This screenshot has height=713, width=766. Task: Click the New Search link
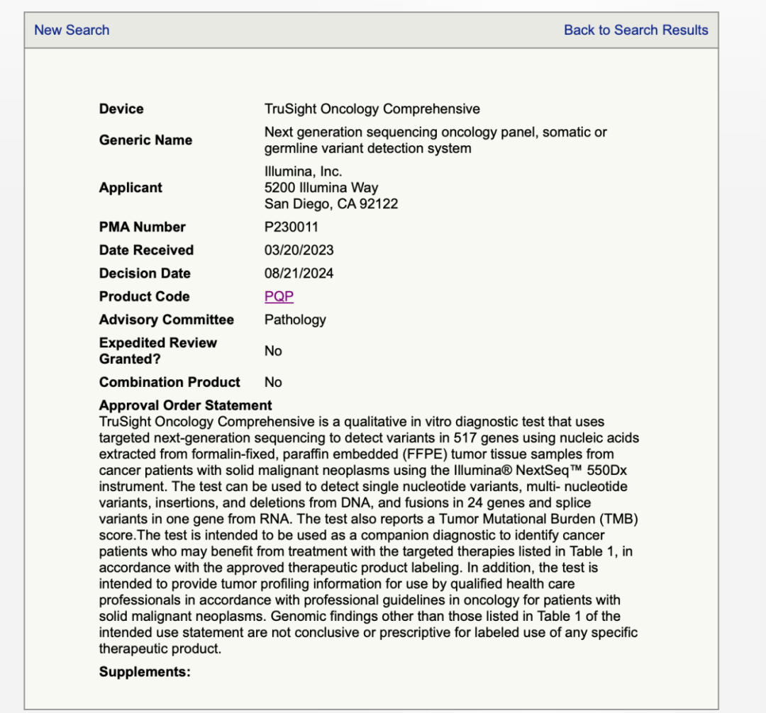tap(72, 30)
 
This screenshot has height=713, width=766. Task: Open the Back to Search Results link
tap(635, 30)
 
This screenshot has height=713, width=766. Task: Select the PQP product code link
tap(279, 296)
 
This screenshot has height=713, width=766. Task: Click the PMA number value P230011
tap(292, 227)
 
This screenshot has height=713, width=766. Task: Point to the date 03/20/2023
tap(299, 250)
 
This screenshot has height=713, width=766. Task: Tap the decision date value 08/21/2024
tap(299, 273)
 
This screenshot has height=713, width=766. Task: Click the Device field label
tap(121, 108)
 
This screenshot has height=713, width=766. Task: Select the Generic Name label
tap(145, 140)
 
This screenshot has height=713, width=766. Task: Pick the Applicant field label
tap(131, 187)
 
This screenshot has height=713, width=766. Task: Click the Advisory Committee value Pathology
tap(295, 319)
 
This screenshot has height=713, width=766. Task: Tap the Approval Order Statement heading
tap(185, 405)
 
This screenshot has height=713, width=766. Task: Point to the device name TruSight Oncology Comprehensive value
tap(372, 108)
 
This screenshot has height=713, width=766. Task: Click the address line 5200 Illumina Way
tap(321, 187)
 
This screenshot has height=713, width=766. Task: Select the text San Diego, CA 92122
tap(331, 203)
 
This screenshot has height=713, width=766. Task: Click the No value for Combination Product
tap(273, 382)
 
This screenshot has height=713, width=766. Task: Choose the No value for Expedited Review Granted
tap(273, 351)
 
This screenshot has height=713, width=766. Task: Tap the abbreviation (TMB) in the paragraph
tap(615, 519)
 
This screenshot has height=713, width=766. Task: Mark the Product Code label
tap(144, 296)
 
